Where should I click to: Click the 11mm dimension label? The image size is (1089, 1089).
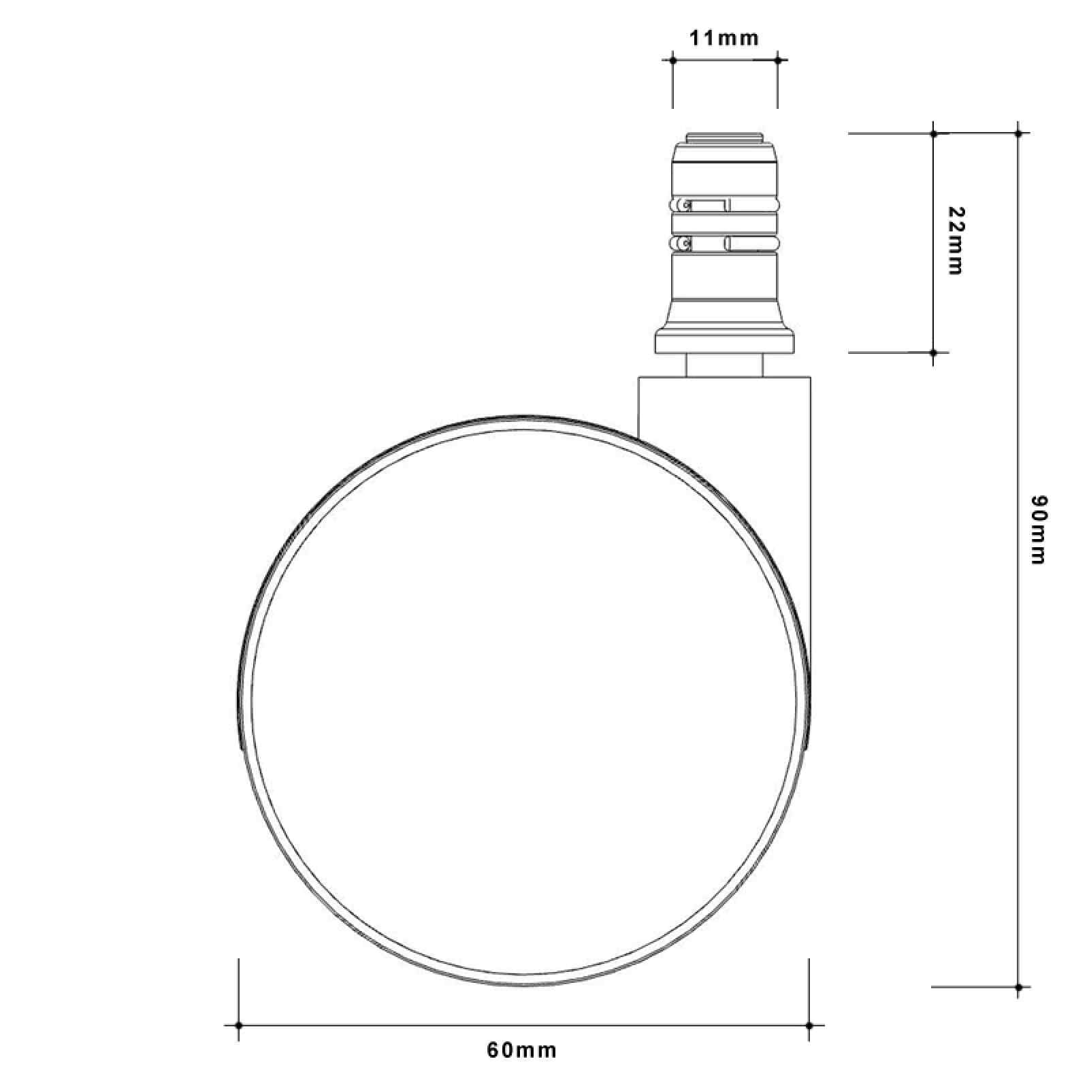[x=724, y=38]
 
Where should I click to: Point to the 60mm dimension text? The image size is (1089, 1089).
[x=521, y=1050]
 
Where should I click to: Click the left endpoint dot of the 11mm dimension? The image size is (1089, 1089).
[x=672, y=60]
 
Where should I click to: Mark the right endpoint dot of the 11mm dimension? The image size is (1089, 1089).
[x=777, y=60]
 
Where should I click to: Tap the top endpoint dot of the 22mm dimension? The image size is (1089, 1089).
[x=934, y=133]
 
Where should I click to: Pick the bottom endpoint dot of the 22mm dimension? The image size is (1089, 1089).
[x=934, y=353]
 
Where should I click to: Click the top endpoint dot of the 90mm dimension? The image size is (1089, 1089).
[x=1019, y=133]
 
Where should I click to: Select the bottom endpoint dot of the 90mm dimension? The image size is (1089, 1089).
[x=1019, y=986]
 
